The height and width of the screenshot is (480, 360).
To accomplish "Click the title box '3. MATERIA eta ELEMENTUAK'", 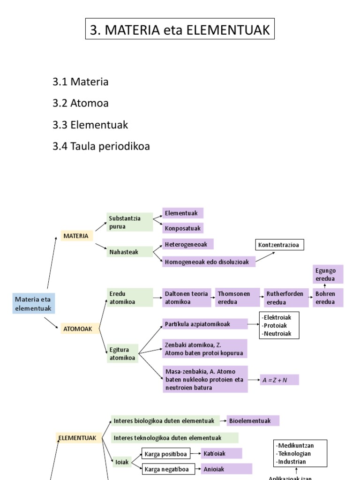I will (180, 30).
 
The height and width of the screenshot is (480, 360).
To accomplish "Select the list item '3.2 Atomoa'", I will (80, 103).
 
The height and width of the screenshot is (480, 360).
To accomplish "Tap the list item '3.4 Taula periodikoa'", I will (101, 146).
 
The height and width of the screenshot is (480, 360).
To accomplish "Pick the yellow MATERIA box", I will (76, 236).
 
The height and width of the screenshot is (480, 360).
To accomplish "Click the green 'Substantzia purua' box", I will (129, 222).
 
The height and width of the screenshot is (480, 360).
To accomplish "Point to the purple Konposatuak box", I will (183, 228).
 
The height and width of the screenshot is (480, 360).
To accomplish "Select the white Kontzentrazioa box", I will (280, 245).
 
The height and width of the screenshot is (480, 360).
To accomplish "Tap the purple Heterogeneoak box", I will (187, 244).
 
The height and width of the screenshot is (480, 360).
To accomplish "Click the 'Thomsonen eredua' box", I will (237, 298).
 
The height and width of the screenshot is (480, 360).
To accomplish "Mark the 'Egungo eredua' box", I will (328, 274).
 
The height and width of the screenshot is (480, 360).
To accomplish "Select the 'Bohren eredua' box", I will (328, 298).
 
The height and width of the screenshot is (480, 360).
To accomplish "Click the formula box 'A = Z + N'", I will (279, 380).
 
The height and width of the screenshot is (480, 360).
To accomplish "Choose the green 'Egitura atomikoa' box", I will (123, 353).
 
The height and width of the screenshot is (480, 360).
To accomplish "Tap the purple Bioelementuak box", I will (253, 420).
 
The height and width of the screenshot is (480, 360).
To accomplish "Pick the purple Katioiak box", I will (221, 453).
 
